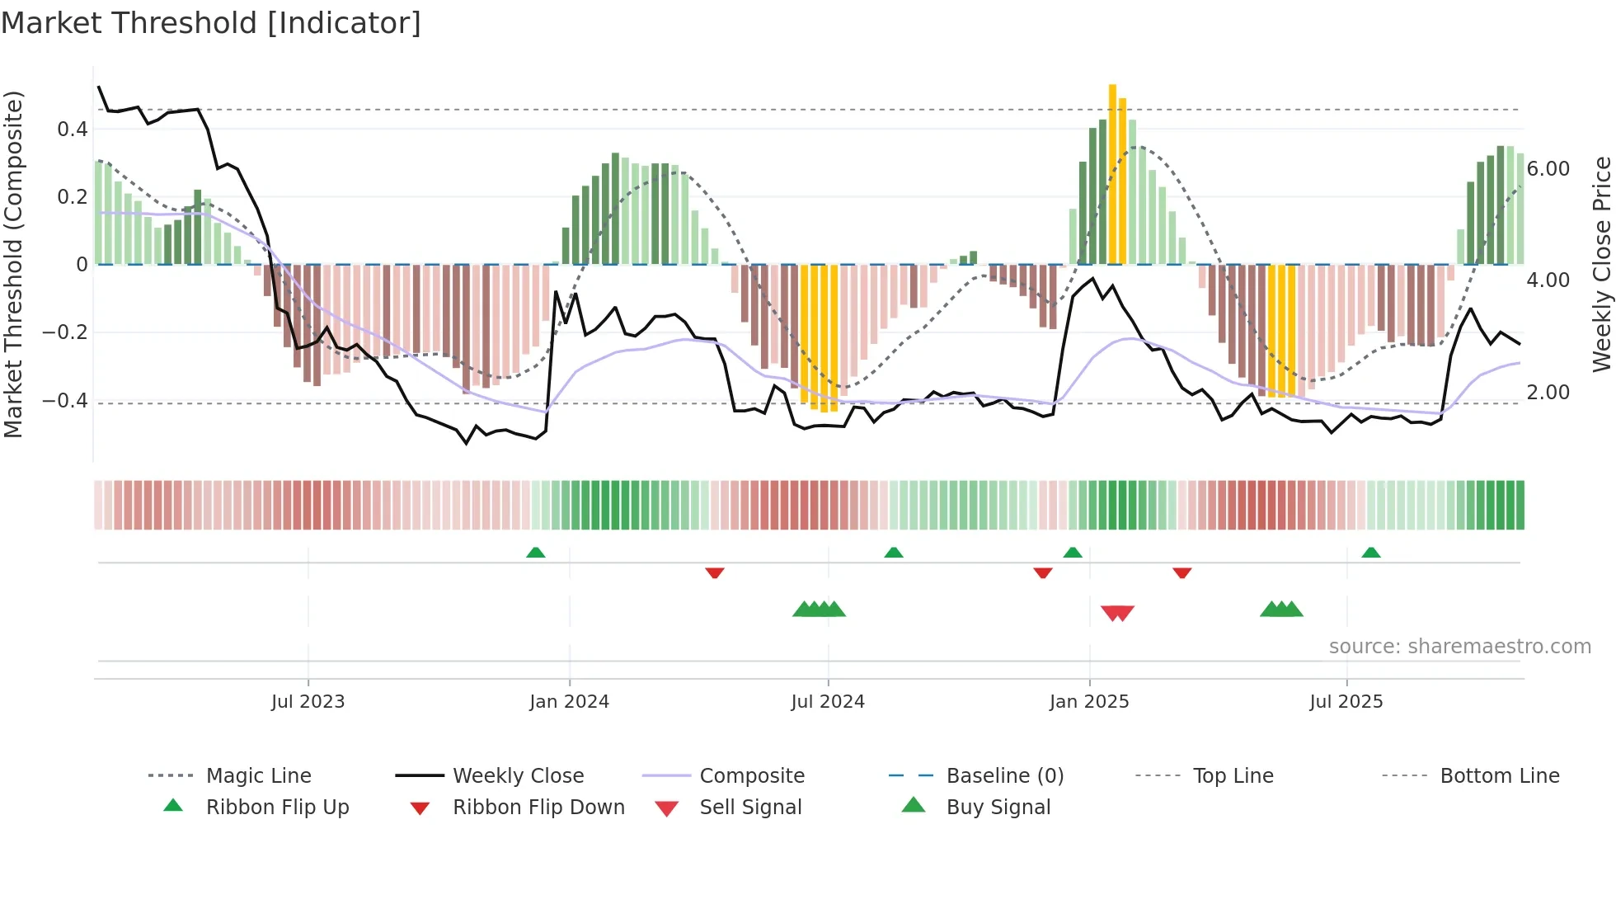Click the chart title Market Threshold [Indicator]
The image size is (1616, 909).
pos(211,23)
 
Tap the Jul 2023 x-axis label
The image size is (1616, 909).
pos(308,702)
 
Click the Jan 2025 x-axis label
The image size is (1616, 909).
pos(1088,702)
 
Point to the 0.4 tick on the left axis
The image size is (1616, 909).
pos(73,130)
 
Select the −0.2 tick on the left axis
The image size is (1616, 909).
pos(65,332)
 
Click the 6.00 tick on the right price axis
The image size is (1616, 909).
pos(1548,169)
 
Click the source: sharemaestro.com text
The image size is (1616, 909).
pos(1459,647)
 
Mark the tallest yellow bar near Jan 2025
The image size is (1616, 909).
pos(1112,173)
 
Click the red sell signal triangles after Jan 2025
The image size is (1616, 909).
pos(1117,613)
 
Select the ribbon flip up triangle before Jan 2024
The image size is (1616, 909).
pos(536,552)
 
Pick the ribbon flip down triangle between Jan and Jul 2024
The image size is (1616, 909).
pos(715,572)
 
